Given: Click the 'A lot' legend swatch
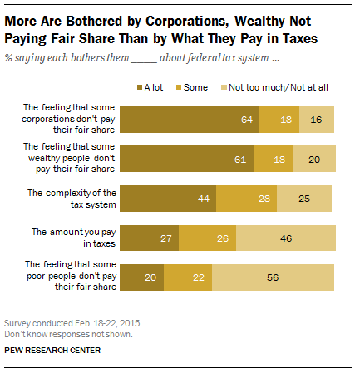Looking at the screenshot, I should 139,86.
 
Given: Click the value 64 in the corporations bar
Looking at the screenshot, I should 247,119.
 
